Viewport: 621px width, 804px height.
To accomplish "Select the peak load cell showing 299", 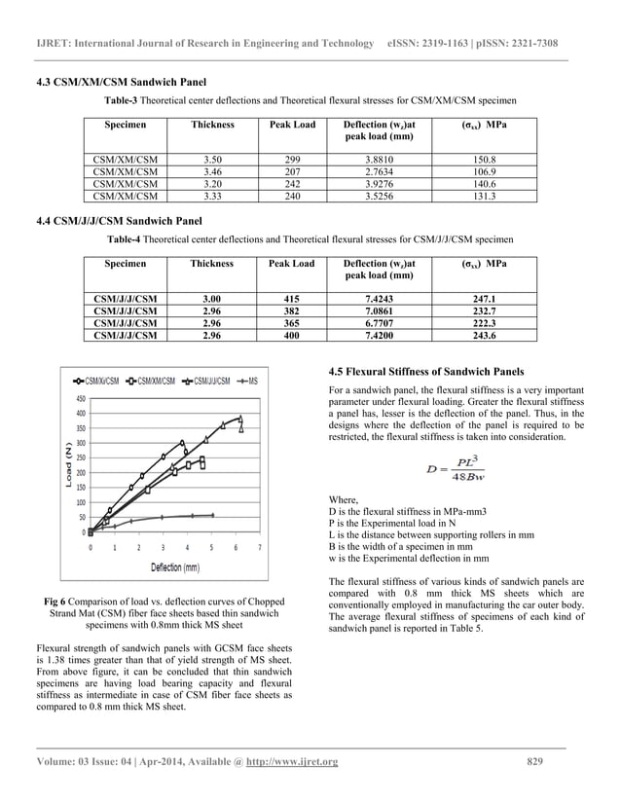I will pos(291,159).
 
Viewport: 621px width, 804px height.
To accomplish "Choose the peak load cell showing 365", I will pos(291,322).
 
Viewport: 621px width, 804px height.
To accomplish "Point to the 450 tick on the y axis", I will pos(79,398).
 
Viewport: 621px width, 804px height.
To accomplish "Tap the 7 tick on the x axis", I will pos(259,547).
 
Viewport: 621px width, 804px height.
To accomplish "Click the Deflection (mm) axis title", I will pos(174,566).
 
